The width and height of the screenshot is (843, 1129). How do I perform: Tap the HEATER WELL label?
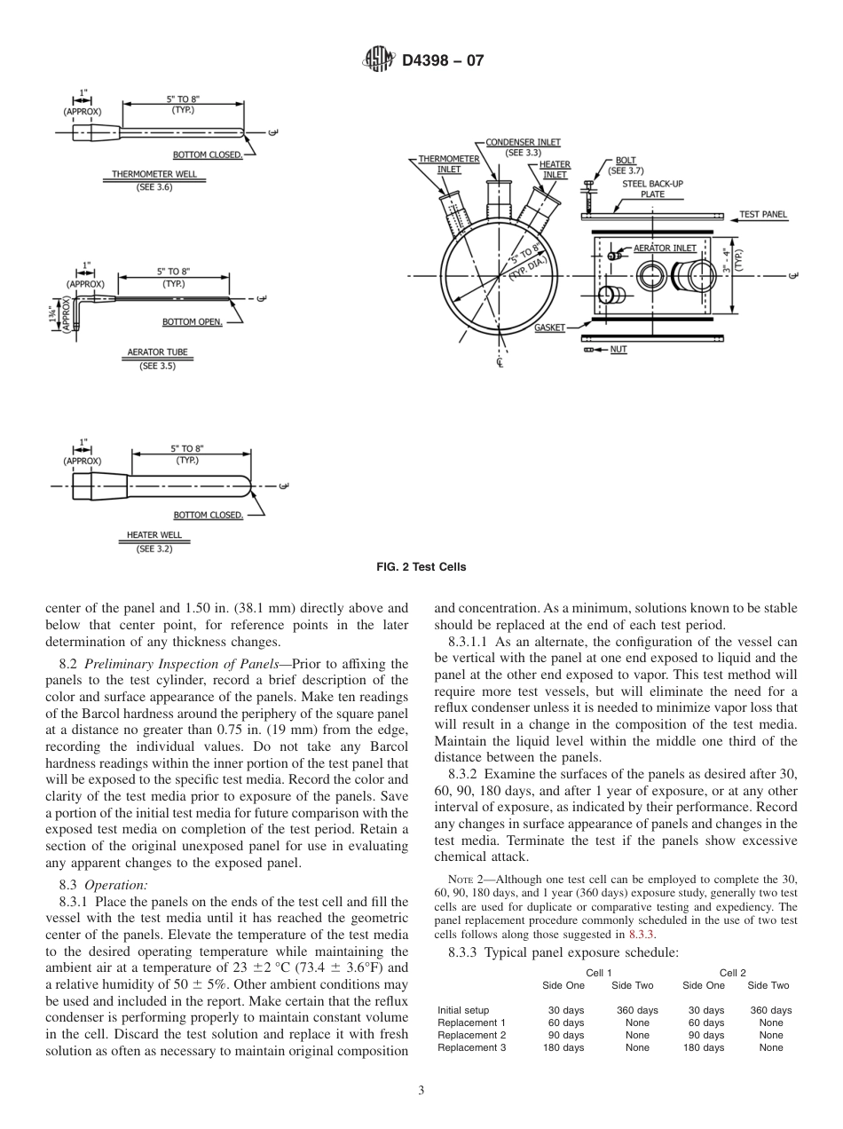point(154,535)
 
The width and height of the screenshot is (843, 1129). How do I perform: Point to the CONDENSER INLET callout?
point(523,142)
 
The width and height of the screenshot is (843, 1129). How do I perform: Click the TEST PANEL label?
point(763,215)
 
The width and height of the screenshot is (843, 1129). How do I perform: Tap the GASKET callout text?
point(549,328)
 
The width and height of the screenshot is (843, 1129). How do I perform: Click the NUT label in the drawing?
point(618,350)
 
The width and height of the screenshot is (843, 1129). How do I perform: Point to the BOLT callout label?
point(625,161)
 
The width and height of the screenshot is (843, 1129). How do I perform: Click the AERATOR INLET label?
point(665,248)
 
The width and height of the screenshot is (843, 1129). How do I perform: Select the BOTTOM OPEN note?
point(192,321)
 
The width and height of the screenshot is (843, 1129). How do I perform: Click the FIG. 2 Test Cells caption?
point(421,567)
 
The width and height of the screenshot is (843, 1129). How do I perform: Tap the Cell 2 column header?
point(732,974)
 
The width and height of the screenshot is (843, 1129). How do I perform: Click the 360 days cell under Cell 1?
point(636,1010)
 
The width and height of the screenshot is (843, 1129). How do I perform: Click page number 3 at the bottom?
point(421,1091)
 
